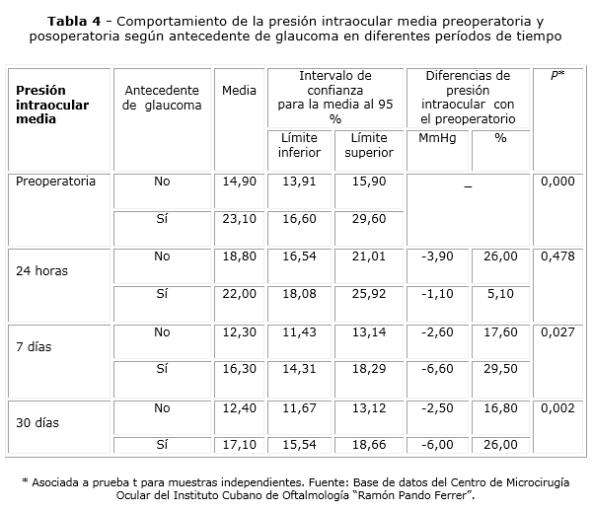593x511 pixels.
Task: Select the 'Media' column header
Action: pos(240,91)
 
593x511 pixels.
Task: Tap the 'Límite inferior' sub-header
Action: pos(299,145)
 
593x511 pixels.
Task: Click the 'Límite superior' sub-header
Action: pos(369,145)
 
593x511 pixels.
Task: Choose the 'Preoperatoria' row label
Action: pos(56,182)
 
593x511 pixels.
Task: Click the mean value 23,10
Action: pos(240,219)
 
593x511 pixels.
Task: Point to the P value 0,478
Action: pos(557,256)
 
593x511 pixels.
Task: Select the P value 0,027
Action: pos(557,332)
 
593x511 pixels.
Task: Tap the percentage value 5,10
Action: pos(501,293)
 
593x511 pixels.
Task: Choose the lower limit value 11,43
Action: pos(299,332)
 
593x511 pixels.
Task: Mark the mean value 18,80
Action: pos(240,256)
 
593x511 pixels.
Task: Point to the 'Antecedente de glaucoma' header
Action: pos(163,98)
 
